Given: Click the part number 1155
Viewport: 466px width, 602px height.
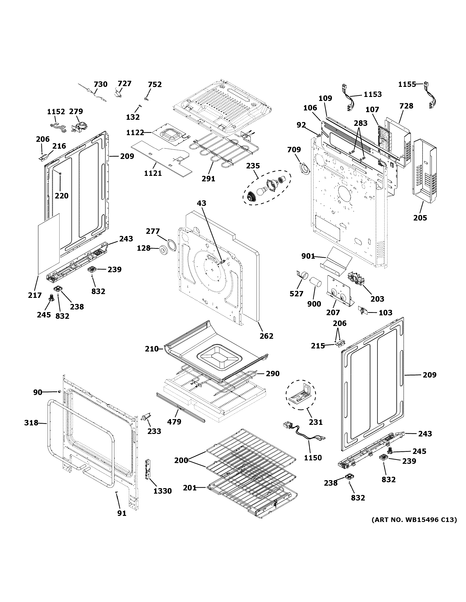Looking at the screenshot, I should click(407, 84).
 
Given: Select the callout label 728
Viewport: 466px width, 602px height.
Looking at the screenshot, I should click(406, 106).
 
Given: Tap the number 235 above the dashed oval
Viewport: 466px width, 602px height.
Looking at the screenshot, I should click(253, 166).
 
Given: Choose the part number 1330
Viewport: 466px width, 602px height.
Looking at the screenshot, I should click(162, 491).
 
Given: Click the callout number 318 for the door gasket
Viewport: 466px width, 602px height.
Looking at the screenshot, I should click(31, 423).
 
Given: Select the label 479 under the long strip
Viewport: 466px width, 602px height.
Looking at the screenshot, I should click(174, 429).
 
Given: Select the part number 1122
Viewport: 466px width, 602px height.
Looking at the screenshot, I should click(135, 133).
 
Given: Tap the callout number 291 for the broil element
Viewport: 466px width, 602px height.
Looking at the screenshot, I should click(208, 179).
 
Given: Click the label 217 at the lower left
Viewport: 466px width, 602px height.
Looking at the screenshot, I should click(35, 295).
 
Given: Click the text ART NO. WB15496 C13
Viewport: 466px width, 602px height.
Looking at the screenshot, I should click(414, 520).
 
